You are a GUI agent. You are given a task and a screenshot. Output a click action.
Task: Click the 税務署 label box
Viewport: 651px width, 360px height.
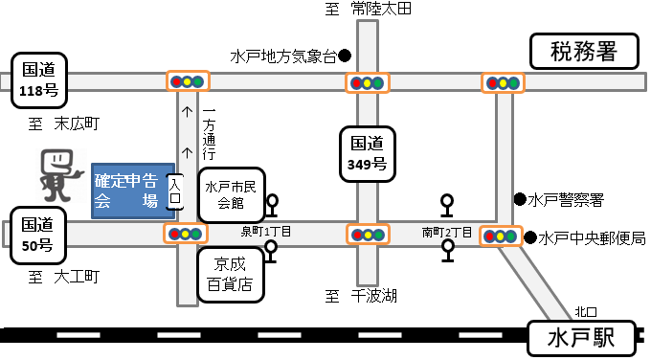coord(584,51)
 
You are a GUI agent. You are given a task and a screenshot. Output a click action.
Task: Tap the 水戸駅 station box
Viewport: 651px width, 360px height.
coord(584,337)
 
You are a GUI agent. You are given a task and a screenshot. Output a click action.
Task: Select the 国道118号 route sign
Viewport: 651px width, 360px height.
coord(40,79)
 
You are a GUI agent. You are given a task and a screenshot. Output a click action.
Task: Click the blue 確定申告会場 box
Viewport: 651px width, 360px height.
coord(131,191)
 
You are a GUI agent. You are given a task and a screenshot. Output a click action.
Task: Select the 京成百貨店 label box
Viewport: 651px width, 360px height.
coord(231,275)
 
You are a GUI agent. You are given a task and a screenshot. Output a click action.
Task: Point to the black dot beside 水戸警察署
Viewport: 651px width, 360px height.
coord(519,199)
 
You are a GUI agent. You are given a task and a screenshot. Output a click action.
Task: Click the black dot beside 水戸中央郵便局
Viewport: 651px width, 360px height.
coord(529,236)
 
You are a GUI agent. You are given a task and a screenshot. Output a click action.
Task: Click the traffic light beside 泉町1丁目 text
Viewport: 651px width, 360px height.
coord(186,234)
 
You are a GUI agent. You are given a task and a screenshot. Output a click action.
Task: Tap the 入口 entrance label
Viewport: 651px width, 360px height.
coord(174,191)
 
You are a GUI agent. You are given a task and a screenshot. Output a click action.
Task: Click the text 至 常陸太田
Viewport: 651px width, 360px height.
coord(369,10)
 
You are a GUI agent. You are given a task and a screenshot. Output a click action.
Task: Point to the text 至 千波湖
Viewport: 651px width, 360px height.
coord(361,296)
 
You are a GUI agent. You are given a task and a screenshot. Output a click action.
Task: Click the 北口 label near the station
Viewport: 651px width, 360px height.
coord(586,311)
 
